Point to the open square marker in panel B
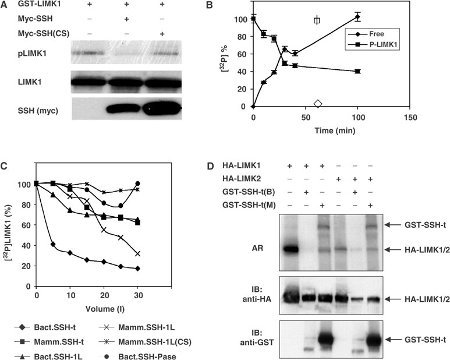pyautogui.click(x=317, y=20)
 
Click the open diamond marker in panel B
pyautogui.click(x=317, y=104)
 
